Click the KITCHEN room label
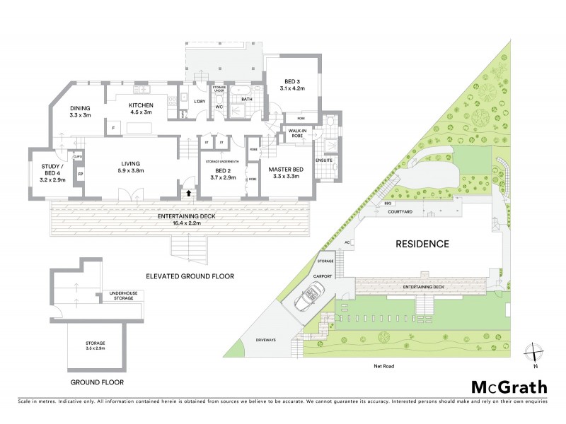141,108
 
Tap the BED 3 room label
291,85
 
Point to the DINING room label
80,111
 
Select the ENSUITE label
323,160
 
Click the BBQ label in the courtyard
388,204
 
